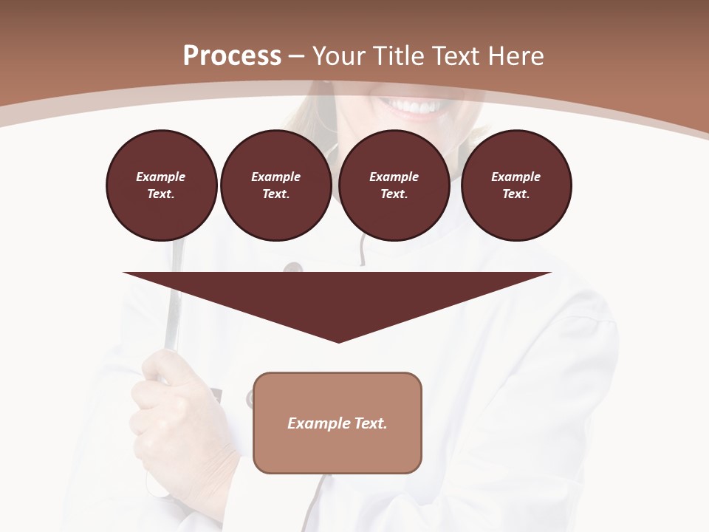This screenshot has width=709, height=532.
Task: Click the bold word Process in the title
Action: (232, 56)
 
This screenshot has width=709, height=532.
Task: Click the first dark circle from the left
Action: (161, 185)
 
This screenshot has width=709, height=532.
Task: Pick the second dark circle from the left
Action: (275, 185)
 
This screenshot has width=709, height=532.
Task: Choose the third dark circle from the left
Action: (394, 185)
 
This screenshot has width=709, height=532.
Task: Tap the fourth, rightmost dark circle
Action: (516, 185)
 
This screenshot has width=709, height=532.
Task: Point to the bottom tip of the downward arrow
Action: (338, 341)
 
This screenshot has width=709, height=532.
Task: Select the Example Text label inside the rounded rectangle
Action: (338, 423)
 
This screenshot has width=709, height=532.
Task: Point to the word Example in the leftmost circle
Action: (161, 177)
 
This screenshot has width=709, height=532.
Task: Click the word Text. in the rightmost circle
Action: (516, 194)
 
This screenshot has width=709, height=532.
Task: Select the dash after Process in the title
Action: (297, 57)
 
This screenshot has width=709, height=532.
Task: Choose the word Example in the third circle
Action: (394, 177)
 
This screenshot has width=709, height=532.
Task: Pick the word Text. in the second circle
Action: (275, 194)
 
